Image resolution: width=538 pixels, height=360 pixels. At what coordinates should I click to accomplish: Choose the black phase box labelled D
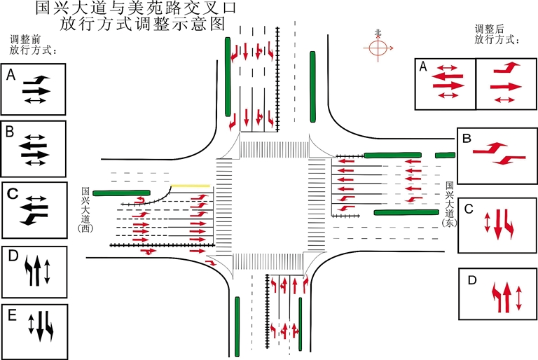pos(34,272)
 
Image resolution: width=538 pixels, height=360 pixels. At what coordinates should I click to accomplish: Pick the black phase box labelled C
pos(34,209)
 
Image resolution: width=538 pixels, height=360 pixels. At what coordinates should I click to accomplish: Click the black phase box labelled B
pos(34,148)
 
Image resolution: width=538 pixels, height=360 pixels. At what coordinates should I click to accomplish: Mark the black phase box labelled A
pos(34,89)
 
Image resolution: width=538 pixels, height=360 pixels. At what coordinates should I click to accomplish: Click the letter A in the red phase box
pos(422,67)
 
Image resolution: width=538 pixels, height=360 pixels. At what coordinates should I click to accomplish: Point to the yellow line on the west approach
pos(193,186)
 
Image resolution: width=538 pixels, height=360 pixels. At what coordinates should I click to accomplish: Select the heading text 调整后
pos(490,29)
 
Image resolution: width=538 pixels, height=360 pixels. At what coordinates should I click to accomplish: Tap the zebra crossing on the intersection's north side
pos(274,149)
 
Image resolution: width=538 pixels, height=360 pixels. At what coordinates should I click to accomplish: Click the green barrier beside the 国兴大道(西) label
pos(122,192)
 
